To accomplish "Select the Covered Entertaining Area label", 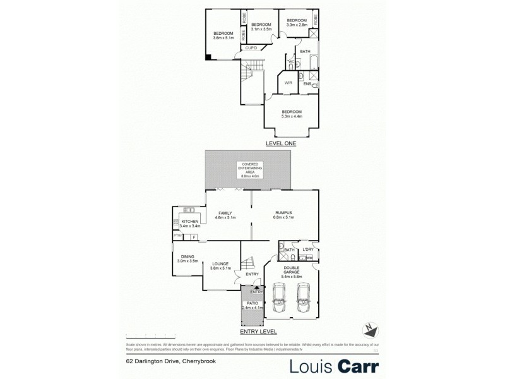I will (246, 171).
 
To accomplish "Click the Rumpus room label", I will (284, 215).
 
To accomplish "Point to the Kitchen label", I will (191, 224).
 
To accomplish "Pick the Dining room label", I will (187, 258).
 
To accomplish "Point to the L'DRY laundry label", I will (309, 251).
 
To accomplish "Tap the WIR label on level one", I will (288, 83).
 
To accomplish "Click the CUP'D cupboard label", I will (251, 48).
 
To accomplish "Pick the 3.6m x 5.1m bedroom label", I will (223, 35).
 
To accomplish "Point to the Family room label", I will (225, 215).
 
